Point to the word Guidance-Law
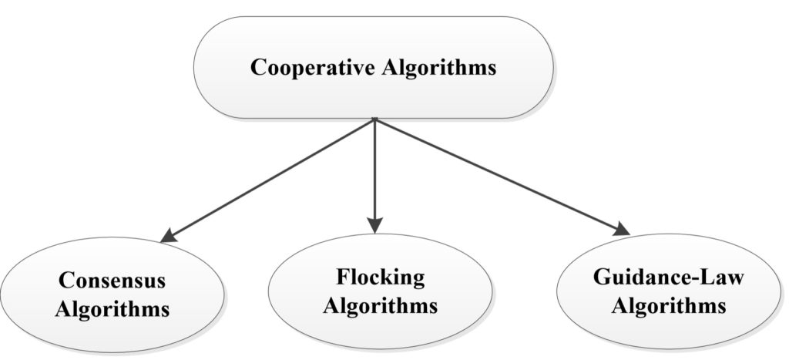(669, 278)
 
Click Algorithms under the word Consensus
(113, 310)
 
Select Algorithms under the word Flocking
(380, 304)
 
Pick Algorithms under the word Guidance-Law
(669, 305)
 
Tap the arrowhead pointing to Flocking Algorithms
(374, 226)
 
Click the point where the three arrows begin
(374, 119)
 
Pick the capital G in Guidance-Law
(603, 278)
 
